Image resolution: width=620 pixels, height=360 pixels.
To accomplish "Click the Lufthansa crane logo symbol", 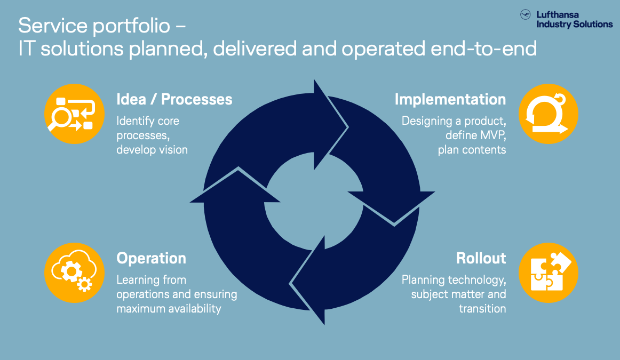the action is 526,14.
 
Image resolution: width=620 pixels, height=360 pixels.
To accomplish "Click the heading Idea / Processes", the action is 174,99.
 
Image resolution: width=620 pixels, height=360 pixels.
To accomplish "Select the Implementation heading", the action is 450,99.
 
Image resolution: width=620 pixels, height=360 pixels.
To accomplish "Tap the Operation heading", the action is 151,258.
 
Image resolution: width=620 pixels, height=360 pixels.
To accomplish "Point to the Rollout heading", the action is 481,258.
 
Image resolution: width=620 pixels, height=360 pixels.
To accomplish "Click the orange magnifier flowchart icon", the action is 74,114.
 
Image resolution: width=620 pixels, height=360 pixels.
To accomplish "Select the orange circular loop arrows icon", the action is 548,114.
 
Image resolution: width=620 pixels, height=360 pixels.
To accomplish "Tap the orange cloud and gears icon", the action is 74,273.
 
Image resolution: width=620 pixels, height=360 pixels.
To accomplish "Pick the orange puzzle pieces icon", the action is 548,273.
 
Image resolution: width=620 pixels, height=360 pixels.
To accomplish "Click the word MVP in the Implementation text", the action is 493,135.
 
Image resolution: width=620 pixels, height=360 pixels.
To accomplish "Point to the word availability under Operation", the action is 195,309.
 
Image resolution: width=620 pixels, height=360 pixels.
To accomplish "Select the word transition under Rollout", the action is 482,309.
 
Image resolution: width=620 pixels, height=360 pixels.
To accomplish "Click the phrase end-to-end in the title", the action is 483,49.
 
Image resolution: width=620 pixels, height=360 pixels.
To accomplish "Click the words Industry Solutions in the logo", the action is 575,25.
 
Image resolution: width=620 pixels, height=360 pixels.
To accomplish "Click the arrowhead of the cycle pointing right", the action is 331,125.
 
